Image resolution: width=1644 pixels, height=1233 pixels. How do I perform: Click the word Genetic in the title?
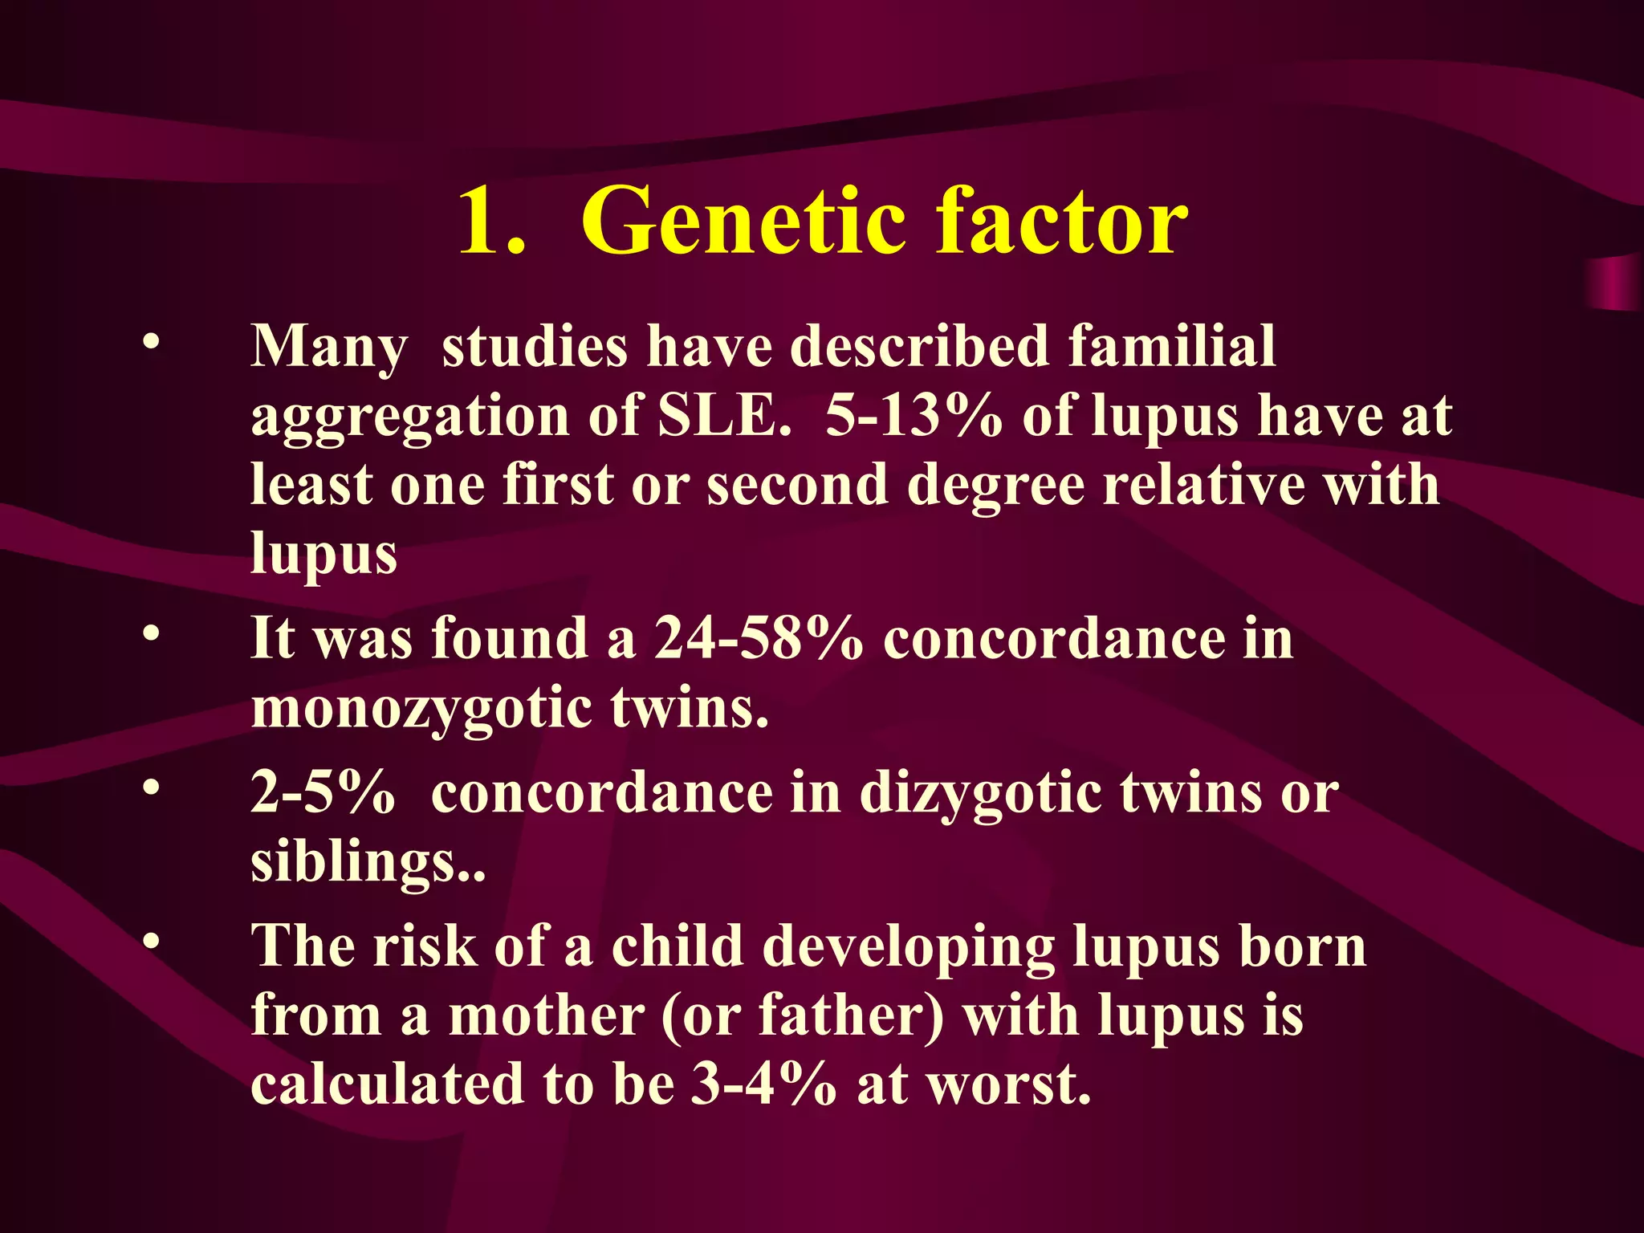tap(746, 222)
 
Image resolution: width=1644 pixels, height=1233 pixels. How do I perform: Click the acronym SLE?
tap(723, 416)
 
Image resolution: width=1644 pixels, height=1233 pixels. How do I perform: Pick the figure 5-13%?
tap(914, 416)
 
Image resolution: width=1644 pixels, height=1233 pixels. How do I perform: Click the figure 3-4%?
tap(763, 1084)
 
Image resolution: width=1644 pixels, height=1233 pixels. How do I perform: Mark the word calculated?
tap(388, 1084)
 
